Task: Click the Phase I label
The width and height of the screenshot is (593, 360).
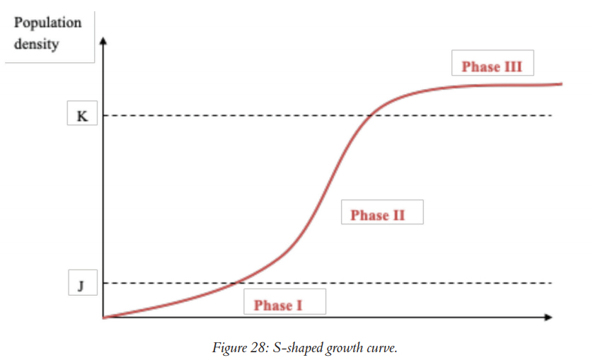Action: click(x=278, y=305)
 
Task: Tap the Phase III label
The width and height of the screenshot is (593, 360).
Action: click(x=492, y=66)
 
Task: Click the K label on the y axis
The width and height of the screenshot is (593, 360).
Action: click(x=82, y=116)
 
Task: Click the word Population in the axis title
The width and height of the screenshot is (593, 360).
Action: click(x=48, y=22)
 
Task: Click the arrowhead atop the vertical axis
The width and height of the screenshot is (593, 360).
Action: click(x=103, y=40)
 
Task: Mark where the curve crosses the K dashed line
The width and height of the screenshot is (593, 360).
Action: click(x=370, y=116)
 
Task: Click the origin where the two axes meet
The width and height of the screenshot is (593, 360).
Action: click(x=103, y=318)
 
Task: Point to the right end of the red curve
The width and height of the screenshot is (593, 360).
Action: click(x=561, y=83)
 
